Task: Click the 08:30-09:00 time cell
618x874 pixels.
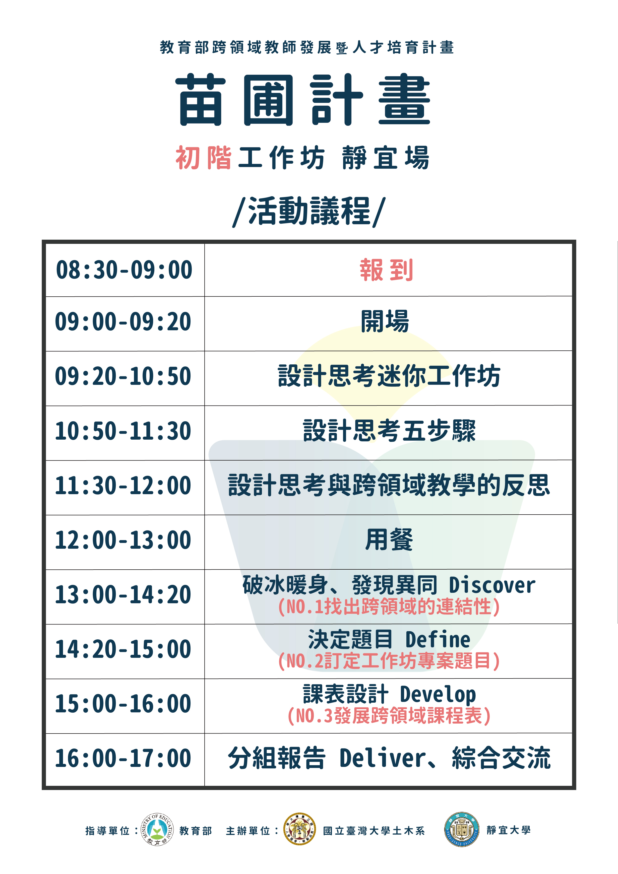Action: (x=124, y=270)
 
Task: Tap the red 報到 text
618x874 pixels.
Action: (x=386, y=270)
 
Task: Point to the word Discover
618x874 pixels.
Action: (x=492, y=585)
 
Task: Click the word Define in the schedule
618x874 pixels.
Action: (x=438, y=640)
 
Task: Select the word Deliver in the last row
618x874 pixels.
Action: (x=382, y=758)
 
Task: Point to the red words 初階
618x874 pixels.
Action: (x=204, y=158)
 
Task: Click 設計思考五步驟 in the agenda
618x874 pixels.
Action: (x=389, y=431)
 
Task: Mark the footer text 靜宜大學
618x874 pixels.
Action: (x=508, y=830)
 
